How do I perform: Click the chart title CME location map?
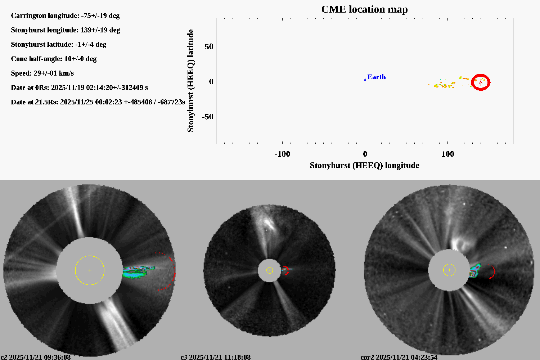click(364, 9)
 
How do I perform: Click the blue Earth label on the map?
click(377, 77)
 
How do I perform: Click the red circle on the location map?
click(481, 82)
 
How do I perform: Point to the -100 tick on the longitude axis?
click(282, 154)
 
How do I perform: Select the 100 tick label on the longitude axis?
click(447, 154)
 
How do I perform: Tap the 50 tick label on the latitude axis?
click(209, 47)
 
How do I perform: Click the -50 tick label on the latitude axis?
click(207, 117)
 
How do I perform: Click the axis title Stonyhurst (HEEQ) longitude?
click(364, 165)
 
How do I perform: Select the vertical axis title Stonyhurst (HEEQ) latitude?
click(190, 81)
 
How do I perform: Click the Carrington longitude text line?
click(65, 15)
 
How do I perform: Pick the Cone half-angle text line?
click(54, 59)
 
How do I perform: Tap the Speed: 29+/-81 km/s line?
click(42, 73)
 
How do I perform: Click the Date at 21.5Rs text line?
click(98, 102)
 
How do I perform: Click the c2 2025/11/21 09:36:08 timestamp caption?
click(36, 357)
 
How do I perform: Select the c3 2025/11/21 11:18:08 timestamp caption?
click(216, 357)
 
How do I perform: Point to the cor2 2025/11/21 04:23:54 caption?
click(399, 357)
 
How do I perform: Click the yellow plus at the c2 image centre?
click(90, 270)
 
